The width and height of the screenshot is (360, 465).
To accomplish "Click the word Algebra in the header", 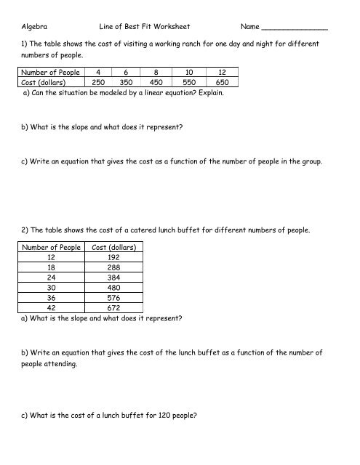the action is click(x=36, y=27).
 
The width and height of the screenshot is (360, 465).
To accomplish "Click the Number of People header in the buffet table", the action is click(x=50, y=247).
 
